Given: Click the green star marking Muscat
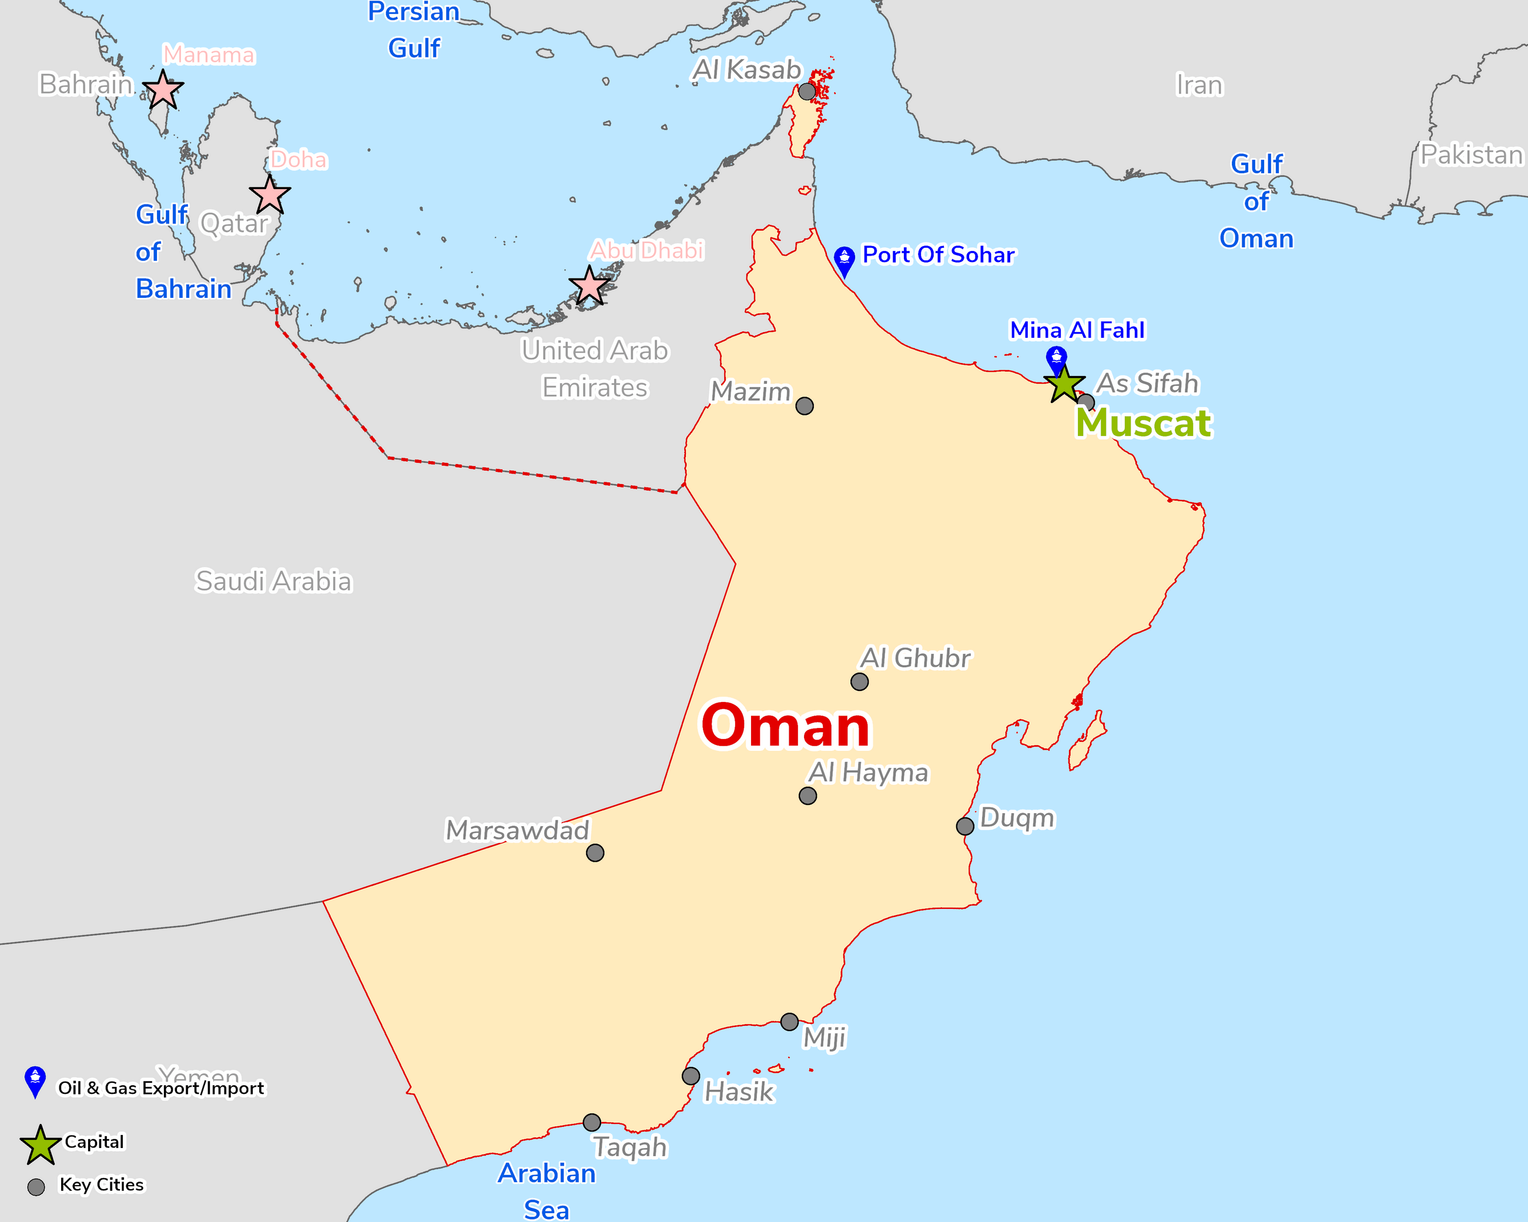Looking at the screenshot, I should click(x=1064, y=385).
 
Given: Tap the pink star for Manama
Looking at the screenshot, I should click(x=163, y=90).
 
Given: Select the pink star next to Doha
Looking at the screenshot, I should click(x=270, y=196).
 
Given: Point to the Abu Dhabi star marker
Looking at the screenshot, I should click(x=589, y=286).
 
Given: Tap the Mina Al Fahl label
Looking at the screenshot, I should click(x=1077, y=330).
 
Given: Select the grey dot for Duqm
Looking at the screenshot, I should click(x=964, y=826).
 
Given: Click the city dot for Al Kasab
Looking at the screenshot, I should click(x=806, y=92).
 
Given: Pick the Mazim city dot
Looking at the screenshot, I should click(x=805, y=406).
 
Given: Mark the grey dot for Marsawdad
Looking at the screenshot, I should click(x=595, y=853).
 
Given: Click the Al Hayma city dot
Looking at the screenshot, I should click(x=807, y=795).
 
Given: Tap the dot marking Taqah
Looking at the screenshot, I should click(x=592, y=1122).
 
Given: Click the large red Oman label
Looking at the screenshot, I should click(x=785, y=726).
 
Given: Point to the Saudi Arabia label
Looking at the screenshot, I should click(x=273, y=581).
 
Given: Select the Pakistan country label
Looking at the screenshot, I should click(x=1472, y=155).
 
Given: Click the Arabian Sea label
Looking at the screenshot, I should click(x=547, y=1191).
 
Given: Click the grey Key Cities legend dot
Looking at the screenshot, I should click(x=36, y=1187).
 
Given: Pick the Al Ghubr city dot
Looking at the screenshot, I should click(x=859, y=681).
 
